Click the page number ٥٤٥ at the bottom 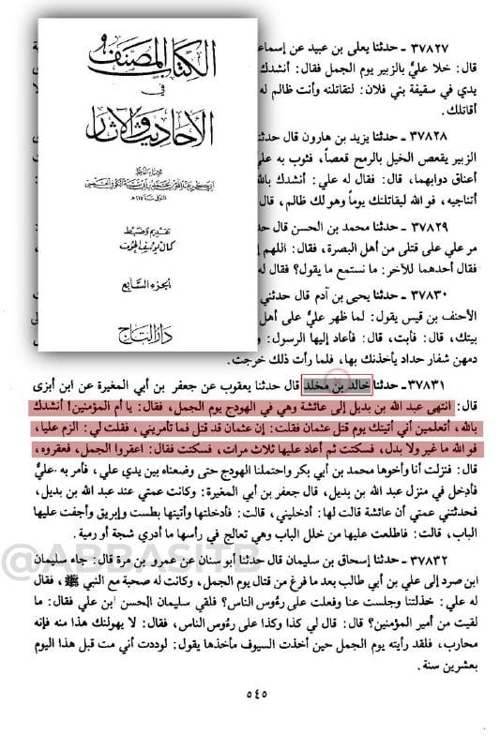(250, 722)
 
